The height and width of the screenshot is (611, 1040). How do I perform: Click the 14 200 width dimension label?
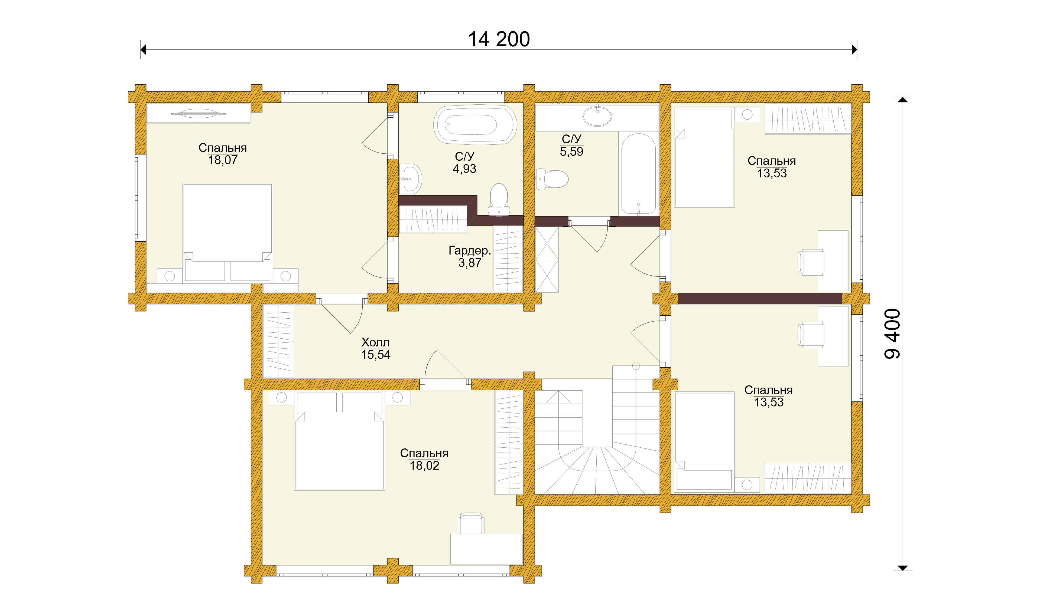tap(499, 39)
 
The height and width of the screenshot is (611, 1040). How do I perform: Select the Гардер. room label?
tap(470, 250)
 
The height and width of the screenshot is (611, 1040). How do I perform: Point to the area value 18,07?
tap(223, 160)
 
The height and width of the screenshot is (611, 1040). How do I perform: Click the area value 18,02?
tap(424, 465)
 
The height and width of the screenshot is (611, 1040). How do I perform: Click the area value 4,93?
tap(465, 169)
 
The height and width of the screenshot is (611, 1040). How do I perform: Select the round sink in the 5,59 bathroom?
tap(597, 116)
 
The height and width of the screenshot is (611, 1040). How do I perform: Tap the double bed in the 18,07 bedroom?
tap(227, 233)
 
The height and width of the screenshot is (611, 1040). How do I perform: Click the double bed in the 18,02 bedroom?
tap(340, 441)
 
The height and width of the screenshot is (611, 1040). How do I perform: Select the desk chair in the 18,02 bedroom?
tap(471, 524)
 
